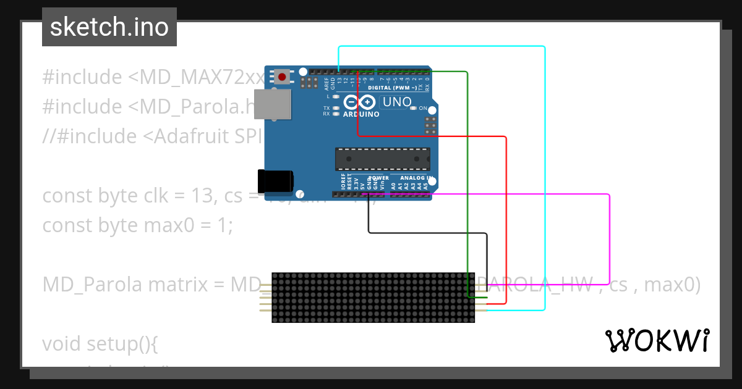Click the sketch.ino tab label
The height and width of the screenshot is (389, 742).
point(109,27)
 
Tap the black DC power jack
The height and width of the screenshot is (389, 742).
point(276,180)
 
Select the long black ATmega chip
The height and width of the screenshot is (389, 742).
point(382,159)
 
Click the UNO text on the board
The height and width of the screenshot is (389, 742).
point(397,102)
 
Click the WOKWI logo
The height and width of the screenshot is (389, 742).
point(657,340)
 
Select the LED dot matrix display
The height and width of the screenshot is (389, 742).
point(373,298)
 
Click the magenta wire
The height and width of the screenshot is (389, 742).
point(610,241)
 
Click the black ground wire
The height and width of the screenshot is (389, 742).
point(427,233)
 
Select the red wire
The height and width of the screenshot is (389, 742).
point(506,216)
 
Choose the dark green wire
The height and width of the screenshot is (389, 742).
point(467,185)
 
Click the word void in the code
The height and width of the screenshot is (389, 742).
point(62,343)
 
